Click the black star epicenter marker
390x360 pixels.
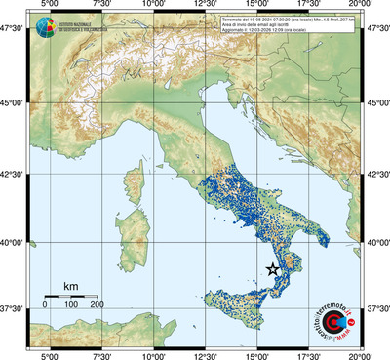pyautogui.click(x=273, y=270)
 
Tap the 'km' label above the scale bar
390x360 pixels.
pyautogui.click(x=70, y=286)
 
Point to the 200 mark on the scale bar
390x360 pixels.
pyautogui.click(x=97, y=304)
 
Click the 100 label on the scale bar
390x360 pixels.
pyautogui.click(x=71, y=304)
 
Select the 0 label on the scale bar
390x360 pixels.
pyautogui.click(x=45, y=304)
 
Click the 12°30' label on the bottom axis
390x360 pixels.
pyautogui.click(x=205, y=355)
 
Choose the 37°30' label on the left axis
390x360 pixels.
pyautogui.click(x=14, y=308)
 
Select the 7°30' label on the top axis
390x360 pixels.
pyautogui.click(x=99, y=5)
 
